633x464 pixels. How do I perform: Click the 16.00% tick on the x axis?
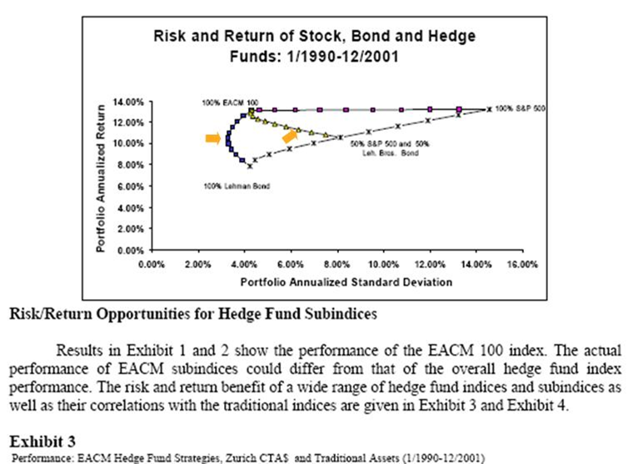coord(522,264)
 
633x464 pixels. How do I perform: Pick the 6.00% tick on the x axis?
coord(291,264)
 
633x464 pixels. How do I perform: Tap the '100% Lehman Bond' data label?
coord(230,186)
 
